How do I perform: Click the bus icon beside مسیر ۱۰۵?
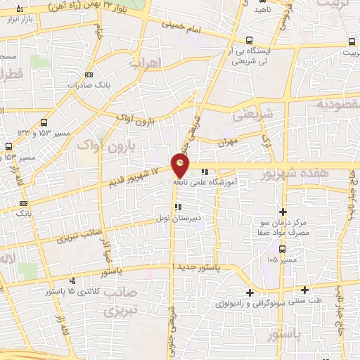coord(282,249)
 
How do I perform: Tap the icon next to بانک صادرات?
coord(89,75)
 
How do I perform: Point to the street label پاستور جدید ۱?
coord(198,268)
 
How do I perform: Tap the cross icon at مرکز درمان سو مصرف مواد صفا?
coord(283,212)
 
